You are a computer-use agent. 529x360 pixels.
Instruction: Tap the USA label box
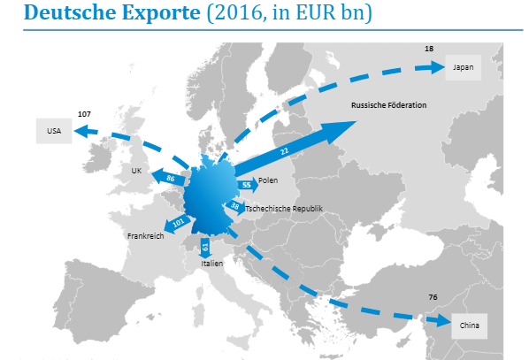(x=53, y=132)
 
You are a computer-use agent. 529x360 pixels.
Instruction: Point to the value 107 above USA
(x=84, y=114)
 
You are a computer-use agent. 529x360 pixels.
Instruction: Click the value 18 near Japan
(x=429, y=48)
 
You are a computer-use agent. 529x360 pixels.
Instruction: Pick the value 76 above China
(x=433, y=296)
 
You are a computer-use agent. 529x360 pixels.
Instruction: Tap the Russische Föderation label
(x=388, y=105)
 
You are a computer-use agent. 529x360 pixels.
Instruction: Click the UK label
(x=136, y=170)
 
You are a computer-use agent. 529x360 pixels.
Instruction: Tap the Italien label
(x=211, y=264)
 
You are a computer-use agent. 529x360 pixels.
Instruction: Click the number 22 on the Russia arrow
(x=284, y=151)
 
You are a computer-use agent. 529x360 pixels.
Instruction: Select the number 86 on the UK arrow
(x=171, y=180)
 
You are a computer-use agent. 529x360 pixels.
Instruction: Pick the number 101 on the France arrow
(x=178, y=223)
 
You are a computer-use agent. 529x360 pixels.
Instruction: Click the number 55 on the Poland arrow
(x=246, y=184)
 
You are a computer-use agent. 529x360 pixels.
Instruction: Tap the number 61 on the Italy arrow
(x=205, y=245)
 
